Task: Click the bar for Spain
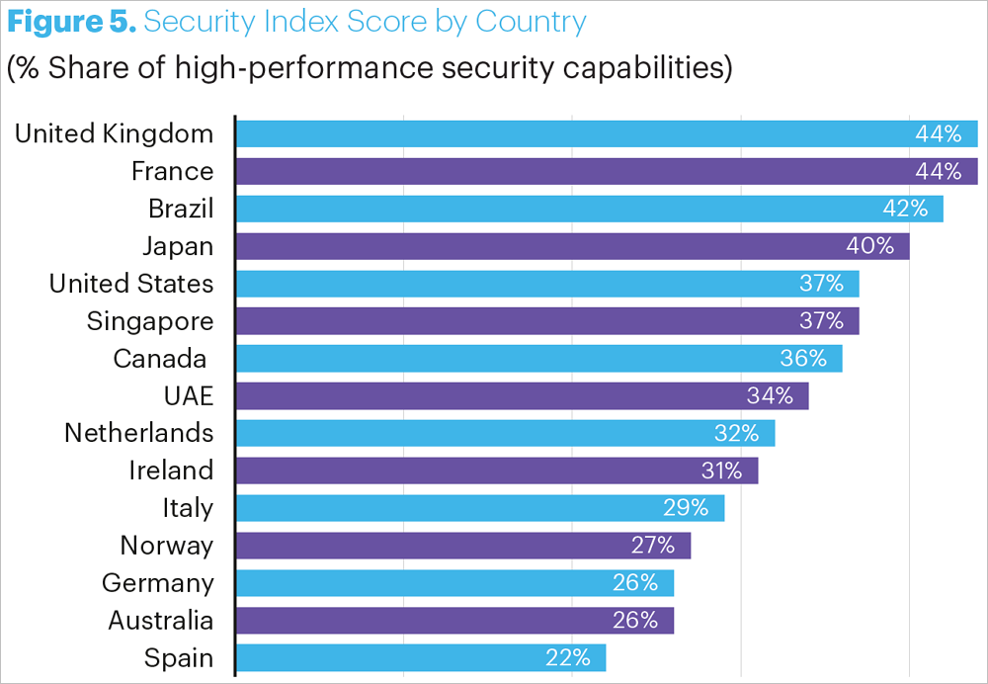421,658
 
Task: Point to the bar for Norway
463,546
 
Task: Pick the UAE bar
523,395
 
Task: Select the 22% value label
567,658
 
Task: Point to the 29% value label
686,508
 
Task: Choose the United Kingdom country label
114,133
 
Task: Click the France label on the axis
172,171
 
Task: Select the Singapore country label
150,321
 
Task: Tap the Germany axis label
157,583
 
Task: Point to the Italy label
188,508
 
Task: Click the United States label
131,284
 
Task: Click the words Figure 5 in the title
69,22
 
